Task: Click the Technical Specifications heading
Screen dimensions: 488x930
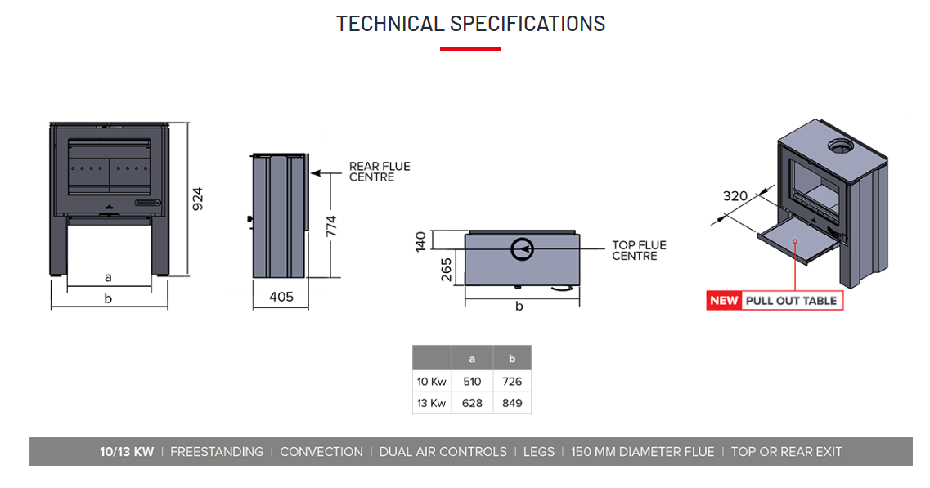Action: [x=470, y=24]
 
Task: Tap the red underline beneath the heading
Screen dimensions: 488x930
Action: [x=470, y=50]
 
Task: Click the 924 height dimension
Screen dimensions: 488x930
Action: [x=198, y=199]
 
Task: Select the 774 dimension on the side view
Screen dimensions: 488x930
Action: [x=331, y=226]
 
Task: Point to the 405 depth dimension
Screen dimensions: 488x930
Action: [x=281, y=297]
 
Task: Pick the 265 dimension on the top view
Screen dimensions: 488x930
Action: [x=447, y=269]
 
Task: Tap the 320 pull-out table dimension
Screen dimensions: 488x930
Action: [x=735, y=195]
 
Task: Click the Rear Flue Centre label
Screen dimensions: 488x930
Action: [x=380, y=172]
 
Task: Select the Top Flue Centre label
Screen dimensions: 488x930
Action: [x=639, y=250]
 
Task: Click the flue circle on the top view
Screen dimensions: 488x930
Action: [x=522, y=248]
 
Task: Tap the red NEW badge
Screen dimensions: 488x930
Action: [x=724, y=301]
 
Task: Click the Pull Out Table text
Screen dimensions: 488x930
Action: [x=791, y=301]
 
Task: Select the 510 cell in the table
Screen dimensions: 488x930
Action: [x=472, y=381]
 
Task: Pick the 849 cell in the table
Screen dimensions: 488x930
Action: [x=512, y=403]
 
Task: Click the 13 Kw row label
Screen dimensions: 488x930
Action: [x=431, y=403]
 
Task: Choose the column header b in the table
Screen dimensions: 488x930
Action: [x=512, y=359]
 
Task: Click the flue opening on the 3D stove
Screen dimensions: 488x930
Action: [x=838, y=146]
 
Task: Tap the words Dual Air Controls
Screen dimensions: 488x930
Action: [x=443, y=452]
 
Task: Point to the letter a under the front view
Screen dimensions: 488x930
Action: [x=108, y=278]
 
